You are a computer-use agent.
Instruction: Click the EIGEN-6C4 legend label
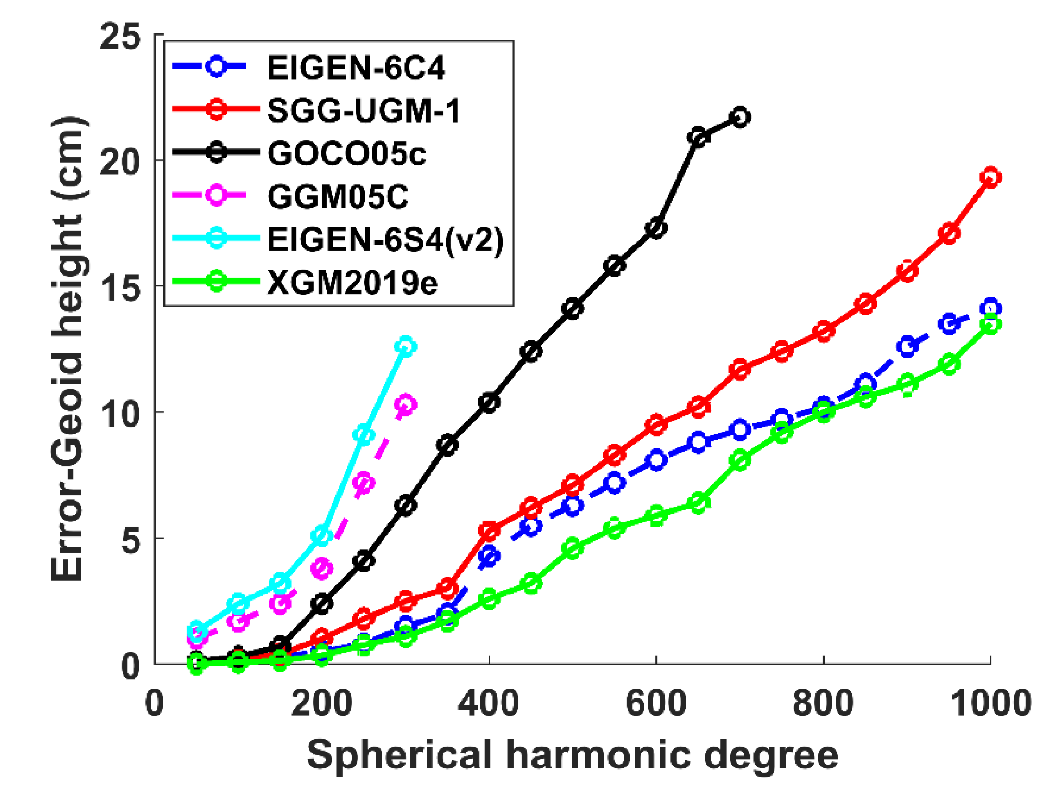tap(356, 68)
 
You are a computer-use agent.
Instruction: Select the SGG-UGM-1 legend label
tap(364, 111)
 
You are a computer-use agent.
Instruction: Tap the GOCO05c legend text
tap(346, 154)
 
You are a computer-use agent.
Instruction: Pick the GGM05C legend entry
tap(338, 197)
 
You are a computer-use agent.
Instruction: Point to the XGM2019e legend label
tap(352, 283)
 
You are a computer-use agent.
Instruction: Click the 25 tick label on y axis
tap(120, 36)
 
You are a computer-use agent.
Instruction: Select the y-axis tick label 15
tap(120, 288)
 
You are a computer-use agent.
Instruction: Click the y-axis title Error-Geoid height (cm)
tap(69, 348)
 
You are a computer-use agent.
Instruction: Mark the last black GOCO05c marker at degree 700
tap(740, 117)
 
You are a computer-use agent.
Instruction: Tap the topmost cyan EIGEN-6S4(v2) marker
tap(406, 347)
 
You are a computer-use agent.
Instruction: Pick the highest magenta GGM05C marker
tap(406, 405)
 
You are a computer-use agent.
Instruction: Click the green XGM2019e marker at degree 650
tap(698, 503)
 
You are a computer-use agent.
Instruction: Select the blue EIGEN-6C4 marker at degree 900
tap(907, 346)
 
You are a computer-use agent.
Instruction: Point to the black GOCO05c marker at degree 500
tap(573, 308)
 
